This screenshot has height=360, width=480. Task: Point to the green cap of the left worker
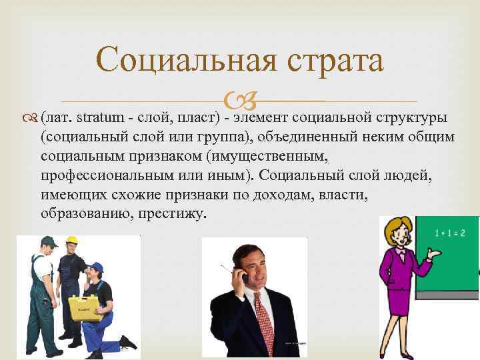pyautogui.click(x=48, y=242)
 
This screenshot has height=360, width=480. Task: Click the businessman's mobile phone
pyautogui.click(x=242, y=275)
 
